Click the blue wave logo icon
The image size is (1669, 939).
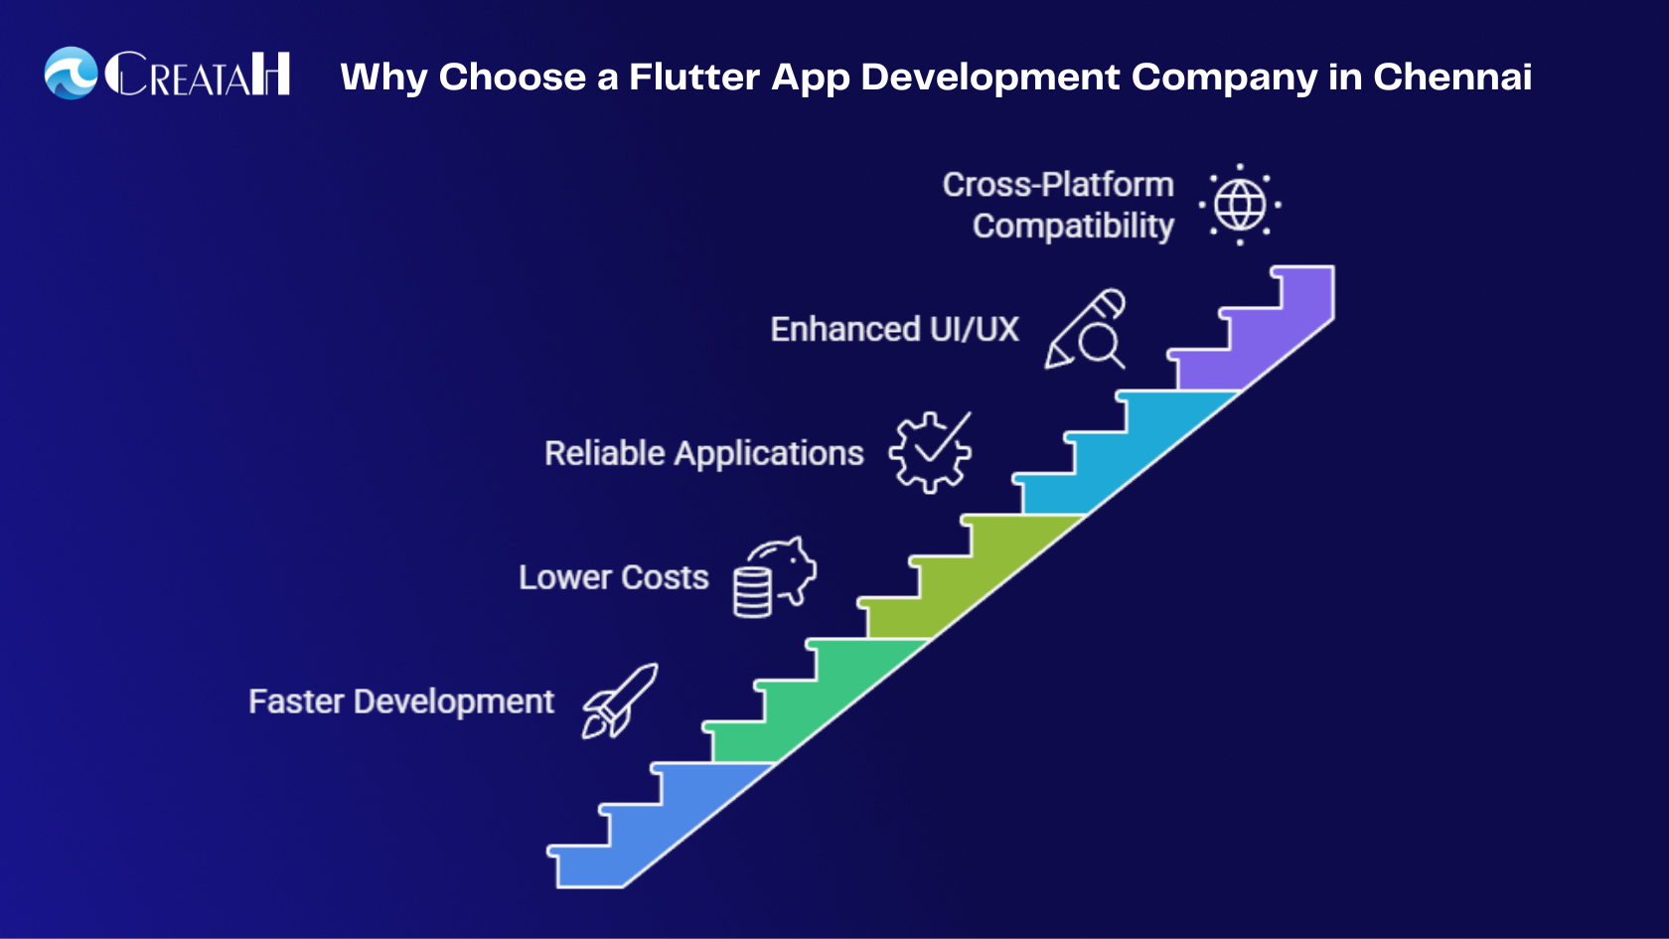pyautogui.click(x=71, y=74)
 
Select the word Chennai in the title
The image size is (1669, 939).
pyautogui.click(x=1451, y=77)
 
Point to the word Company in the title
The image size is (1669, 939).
pyautogui.click(x=1224, y=78)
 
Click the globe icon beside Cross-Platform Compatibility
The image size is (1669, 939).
pyautogui.click(x=1240, y=205)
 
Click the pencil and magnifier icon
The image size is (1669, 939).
pyautogui.click(x=1086, y=330)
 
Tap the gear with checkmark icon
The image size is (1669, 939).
pyautogui.click(x=931, y=452)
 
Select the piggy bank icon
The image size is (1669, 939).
pyautogui.click(x=775, y=576)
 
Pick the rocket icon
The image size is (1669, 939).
pyautogui.click(x=620, y=701)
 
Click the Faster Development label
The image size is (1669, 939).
pyautogui.click(x=400, y=702)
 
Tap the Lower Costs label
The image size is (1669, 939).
pyautogui.click(x=613, y=577)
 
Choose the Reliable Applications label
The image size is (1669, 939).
pyautogui.click(x=703, y=453)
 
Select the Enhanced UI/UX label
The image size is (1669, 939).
pyautogui.click(x=894, y=329)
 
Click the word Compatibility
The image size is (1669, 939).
pyautogui.click(x=1073, y=227)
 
